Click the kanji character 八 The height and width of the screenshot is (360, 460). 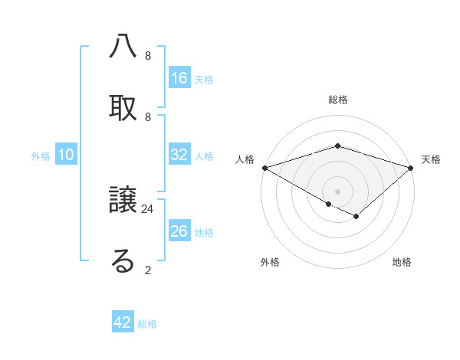click(x=123, y=47)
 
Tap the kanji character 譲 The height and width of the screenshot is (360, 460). click(x=123, y=201)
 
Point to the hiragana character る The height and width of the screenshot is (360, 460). click(x=123, y=261)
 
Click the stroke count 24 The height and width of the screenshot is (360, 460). click(x=148, y=208)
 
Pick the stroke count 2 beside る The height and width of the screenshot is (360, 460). click(x=148, y=270)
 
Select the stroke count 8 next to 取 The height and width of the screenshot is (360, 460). click(x=148, y=116)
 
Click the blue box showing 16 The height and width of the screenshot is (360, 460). click(x=179, y=78)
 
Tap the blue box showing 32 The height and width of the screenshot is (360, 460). click(x=179, y=155)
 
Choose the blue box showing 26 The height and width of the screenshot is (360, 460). click(x=179, y=231)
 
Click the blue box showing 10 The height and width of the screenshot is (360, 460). click(x=66, y=155)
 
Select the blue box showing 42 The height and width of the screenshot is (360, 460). click(x=123, y=322)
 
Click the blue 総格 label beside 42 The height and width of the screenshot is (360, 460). click(x=147, y=324)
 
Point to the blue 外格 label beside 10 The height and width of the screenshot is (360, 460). click(x=41, y=156)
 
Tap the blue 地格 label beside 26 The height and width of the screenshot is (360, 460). click(x=204, y=233)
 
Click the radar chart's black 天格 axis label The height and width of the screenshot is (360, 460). click(x=431, y=159)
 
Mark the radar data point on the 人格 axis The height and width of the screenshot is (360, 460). click(x=264, y=168)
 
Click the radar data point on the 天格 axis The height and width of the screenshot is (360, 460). click(x=411, y=168)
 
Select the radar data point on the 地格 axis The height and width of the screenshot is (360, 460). click(x=356, y=217)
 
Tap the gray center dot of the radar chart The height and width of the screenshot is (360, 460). click(x=337, y=191)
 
